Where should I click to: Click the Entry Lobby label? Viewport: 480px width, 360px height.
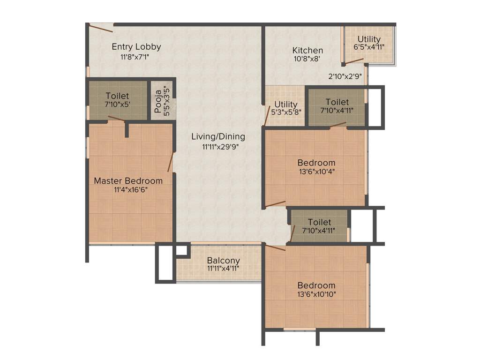pyautogui.click(x=136, y=46)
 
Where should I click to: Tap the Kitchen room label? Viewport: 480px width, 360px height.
pyautogui.click(x=307, y=50)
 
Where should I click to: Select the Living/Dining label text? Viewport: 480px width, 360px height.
pyautogui.click(x=218, y=136)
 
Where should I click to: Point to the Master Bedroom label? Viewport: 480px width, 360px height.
pyautogui.click(x=128, y=180)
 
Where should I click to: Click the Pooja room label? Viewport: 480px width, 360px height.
pyautogui.click(x=158, y=102)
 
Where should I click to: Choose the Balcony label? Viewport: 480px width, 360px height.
pyautogui.click(x=224, y=261)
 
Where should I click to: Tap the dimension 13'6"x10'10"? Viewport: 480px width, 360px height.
pyautogui.click(x=316, y=294)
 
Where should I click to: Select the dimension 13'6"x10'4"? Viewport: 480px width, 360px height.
pyautogui.click(x=316, y=172)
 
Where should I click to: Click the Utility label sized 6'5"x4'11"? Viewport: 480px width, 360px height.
pyautogui.click(x=369, y=39)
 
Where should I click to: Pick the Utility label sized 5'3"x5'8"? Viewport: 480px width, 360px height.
pyautogui.click(x=286, y=104)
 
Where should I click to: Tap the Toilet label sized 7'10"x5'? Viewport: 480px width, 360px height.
pyautogui.click(x=117, y=96)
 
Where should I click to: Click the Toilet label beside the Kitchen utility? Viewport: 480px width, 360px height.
pyautogui.click(x=337, y=102)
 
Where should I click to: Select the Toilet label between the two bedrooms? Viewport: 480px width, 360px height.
pyautogui.click(x=319, y=222)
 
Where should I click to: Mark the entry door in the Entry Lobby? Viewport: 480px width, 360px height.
pyautogui.click(x=101, y=28)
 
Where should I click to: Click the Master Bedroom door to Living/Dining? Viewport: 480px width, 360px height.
pyautogui.click(x=171, y=162)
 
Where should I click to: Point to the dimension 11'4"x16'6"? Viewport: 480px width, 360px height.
pyautogui.click(x=128, y=190)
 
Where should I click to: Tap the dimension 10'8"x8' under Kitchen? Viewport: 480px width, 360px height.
pyautogui.click(x=307, y=59)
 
